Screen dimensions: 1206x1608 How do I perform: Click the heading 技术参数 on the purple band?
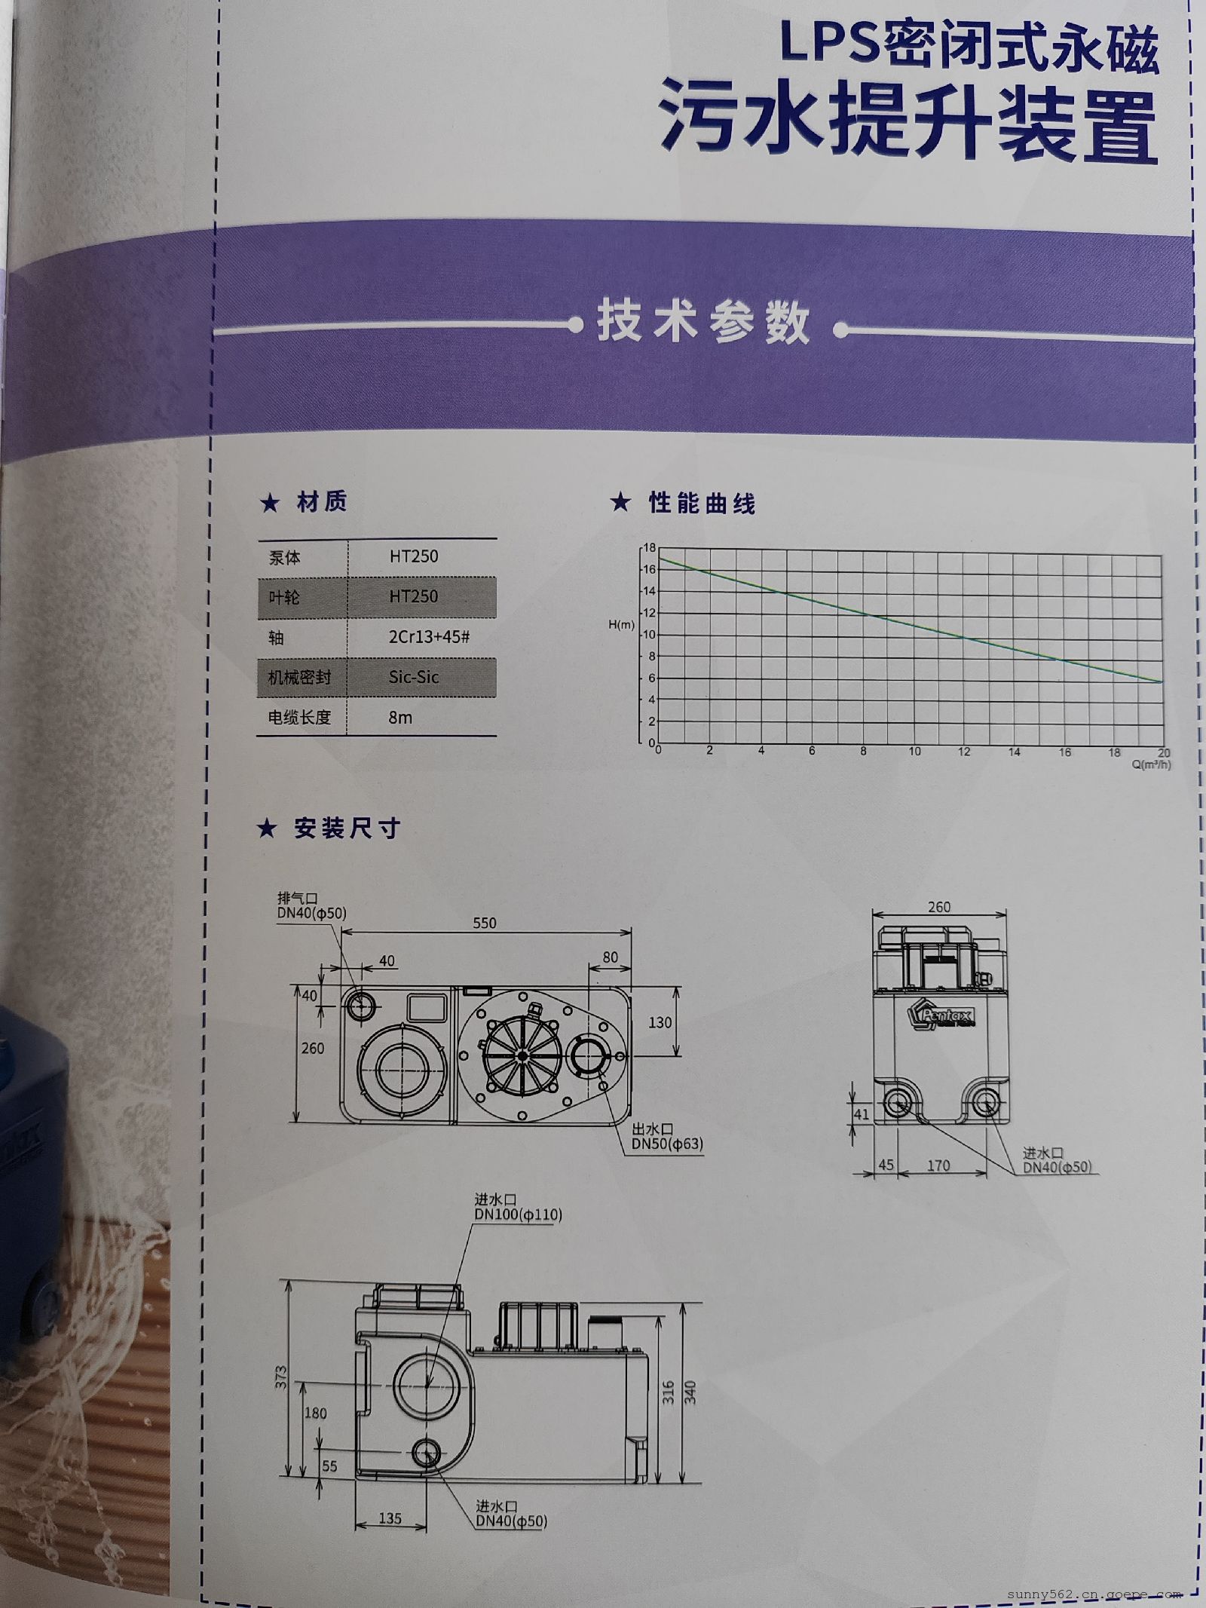(703, 323)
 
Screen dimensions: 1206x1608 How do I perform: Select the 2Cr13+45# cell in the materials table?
(429, 637)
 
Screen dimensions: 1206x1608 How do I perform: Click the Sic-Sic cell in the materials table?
(413, 677)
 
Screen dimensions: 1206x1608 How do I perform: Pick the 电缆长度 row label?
(299, 718)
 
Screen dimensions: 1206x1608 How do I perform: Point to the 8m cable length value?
(400, 718)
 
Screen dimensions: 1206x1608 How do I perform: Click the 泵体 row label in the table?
(284, 558)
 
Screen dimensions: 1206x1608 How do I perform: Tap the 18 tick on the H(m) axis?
(649, 547)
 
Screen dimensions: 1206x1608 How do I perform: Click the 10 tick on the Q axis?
(914, 752)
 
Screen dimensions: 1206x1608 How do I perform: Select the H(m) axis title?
(622, 625)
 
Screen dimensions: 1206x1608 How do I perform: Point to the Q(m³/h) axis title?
(1151, 764)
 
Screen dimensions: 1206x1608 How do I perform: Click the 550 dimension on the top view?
(485, 923)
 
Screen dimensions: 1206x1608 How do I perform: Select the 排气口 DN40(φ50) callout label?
(312, 905)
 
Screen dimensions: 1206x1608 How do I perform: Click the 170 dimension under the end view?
(938, 1166)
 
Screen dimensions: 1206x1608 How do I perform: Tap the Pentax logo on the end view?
(942, 1015)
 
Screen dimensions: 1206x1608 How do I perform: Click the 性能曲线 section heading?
(702, 503)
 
